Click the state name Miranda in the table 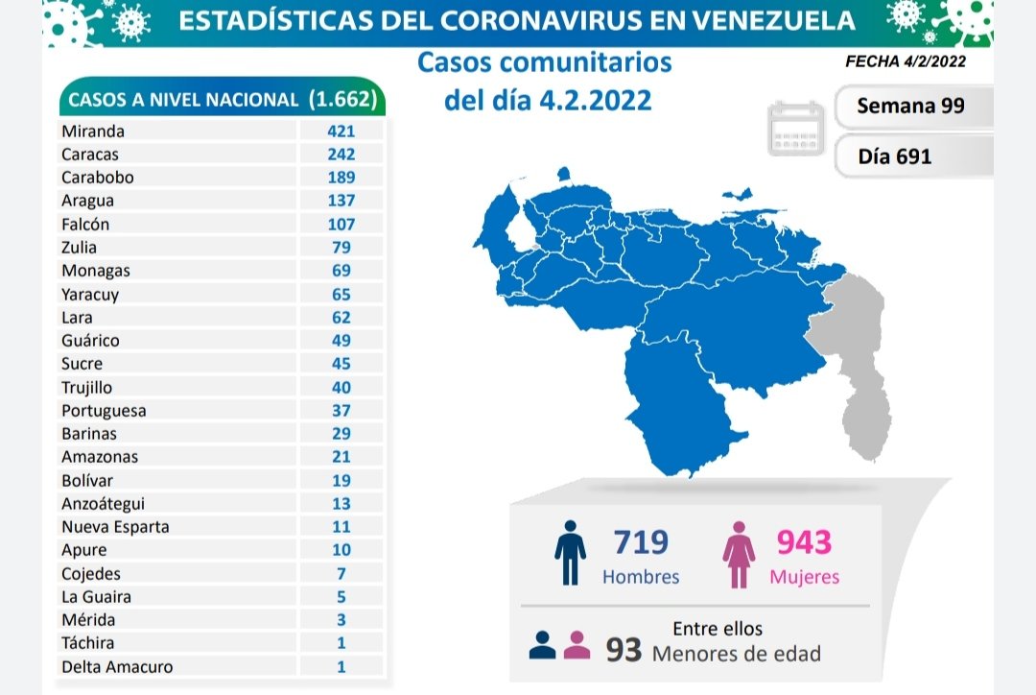[92, 131]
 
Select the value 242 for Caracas [340, 154]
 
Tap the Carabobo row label [97, 178]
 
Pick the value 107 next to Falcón [340, 224]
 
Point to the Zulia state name [79, 248]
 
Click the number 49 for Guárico [340, 340]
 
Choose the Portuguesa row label [104, 410]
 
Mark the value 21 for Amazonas [340, 457]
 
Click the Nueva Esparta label [115, 526]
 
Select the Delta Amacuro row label [117, 666]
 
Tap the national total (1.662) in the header [347, 100]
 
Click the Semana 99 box [909, 106]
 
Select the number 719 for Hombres [641, 542]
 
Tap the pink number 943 [804, 542]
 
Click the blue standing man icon [570, 554]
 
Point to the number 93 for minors [624, 651]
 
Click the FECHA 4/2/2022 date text [905, 61]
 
